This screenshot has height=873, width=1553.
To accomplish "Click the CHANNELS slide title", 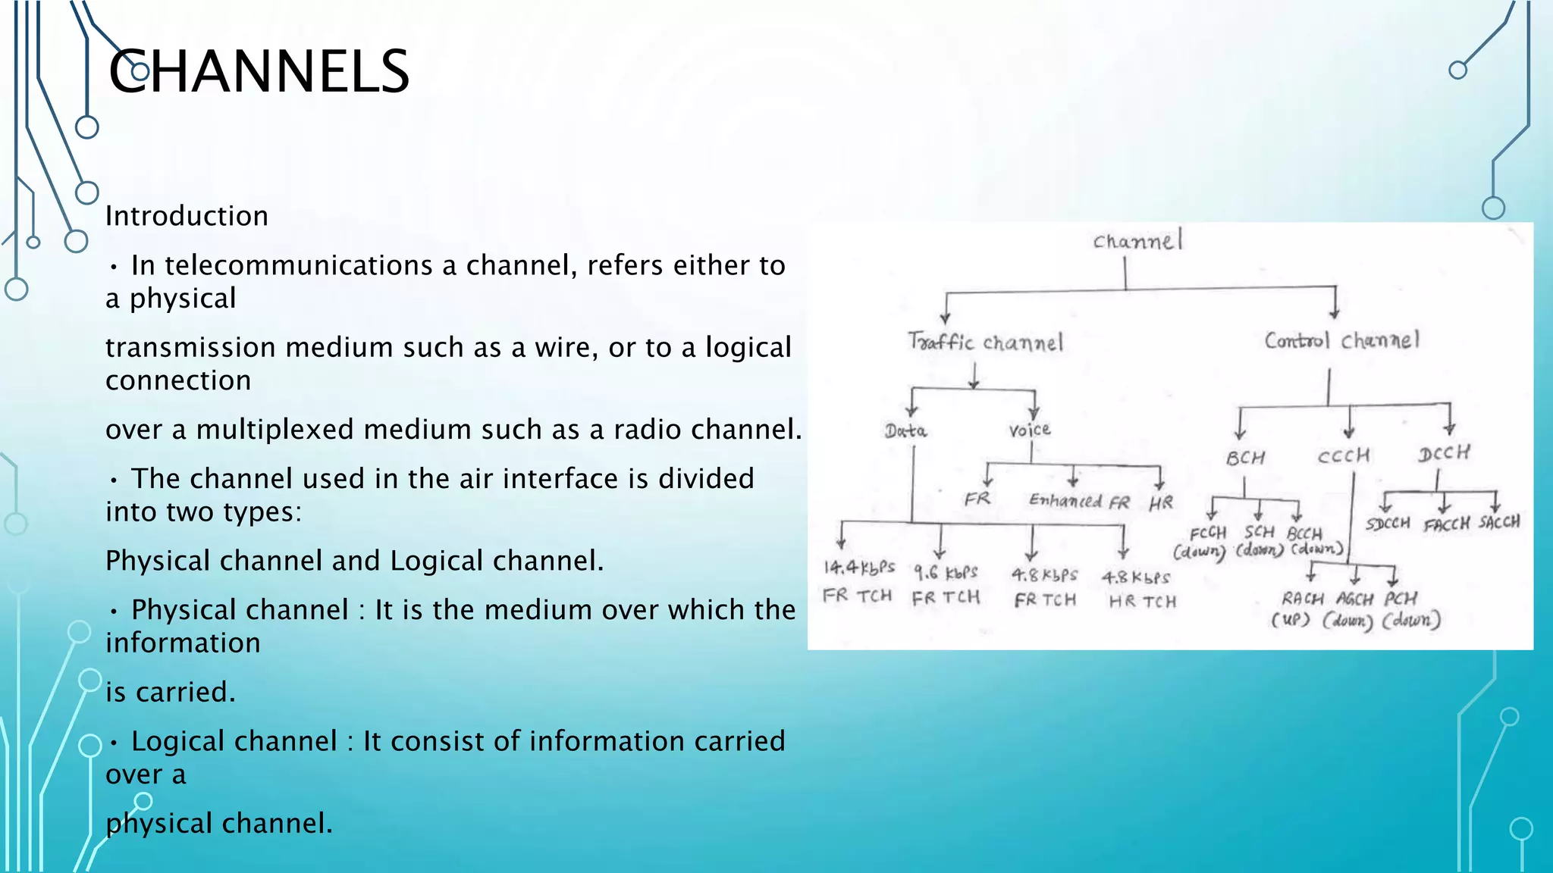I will point(259,71).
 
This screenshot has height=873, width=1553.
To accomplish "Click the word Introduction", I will point(187,217).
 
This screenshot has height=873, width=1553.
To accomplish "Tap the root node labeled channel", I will point(1137,241).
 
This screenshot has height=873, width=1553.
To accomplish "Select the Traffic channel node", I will point(985,343).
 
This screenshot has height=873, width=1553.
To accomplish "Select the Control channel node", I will point(1341,340).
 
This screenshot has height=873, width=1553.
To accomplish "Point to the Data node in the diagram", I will point(905,431).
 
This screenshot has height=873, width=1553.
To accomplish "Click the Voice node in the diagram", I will point(1029,430).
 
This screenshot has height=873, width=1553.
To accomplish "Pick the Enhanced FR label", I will point(1078,501).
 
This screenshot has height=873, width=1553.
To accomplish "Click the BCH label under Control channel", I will point(1245,458).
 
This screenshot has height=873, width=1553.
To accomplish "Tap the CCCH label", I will point(1343,456).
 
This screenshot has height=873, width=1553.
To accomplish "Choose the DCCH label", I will point(1444,453).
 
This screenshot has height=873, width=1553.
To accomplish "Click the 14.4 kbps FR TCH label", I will point(858,581).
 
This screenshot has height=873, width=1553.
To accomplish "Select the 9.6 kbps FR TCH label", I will point(946,584).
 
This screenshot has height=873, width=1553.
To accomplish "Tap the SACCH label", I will point(1499,521).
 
